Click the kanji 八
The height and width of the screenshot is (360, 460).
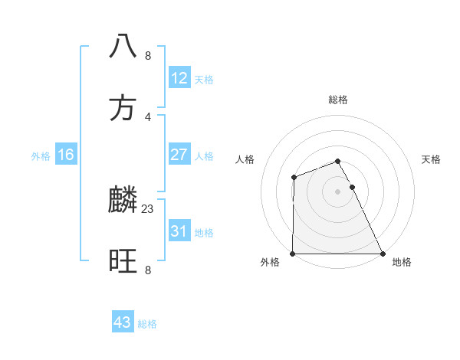tap(123, 45)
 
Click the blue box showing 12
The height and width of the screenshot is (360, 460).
tap(179, 78)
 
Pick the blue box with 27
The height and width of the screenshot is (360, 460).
tap(179, 155)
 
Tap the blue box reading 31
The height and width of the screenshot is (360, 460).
tap(179, 231)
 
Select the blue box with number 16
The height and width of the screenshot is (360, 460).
tap(66, 155)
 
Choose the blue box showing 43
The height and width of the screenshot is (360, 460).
tap(123, 322)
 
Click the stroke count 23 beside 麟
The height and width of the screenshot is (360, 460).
tap(148, 208)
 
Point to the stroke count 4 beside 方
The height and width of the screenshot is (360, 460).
tap(148, 116)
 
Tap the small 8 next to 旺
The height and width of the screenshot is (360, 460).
tap(148, 270)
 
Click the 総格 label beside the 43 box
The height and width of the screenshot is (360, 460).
tap(147, 324)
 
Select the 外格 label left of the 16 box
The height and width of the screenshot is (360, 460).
tap(41, 156)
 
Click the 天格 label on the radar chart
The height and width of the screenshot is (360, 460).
tap(432, 159)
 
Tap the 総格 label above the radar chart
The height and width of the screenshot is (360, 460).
tap(338, 100)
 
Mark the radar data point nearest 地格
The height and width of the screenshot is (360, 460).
tap(383, 254)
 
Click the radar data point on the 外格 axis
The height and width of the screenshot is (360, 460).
tap(293, 254)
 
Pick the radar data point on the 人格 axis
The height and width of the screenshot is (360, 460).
tap(294, 178)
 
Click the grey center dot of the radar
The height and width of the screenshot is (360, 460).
tap(338, 191)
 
